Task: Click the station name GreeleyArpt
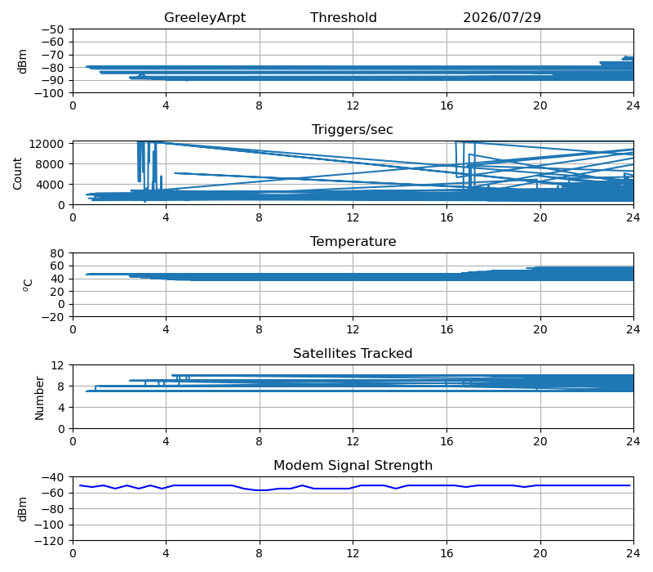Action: [205, 17]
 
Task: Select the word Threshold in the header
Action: [344, 17]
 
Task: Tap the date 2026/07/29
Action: [502, 17]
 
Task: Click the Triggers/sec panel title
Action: [353, 129]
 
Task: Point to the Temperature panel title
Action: [353, 241]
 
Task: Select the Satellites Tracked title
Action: [353, 353]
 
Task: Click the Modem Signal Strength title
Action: [353, 465]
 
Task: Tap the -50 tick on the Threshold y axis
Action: [52, 29]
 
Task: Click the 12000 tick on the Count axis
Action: [47, 144]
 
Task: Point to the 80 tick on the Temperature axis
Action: [58, 253]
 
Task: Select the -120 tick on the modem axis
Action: [49, 541]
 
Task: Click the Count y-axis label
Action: [17, 173]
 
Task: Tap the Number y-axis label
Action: [39, 398]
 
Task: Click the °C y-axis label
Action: [28, 285]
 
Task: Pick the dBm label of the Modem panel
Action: [22, 509]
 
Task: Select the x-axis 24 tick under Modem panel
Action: [633, 553]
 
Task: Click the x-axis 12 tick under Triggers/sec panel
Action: [353, 217]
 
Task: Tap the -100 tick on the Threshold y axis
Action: [49, 93]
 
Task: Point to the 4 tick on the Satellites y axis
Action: [60, 407]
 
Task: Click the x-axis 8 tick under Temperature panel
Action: [259, 329]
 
